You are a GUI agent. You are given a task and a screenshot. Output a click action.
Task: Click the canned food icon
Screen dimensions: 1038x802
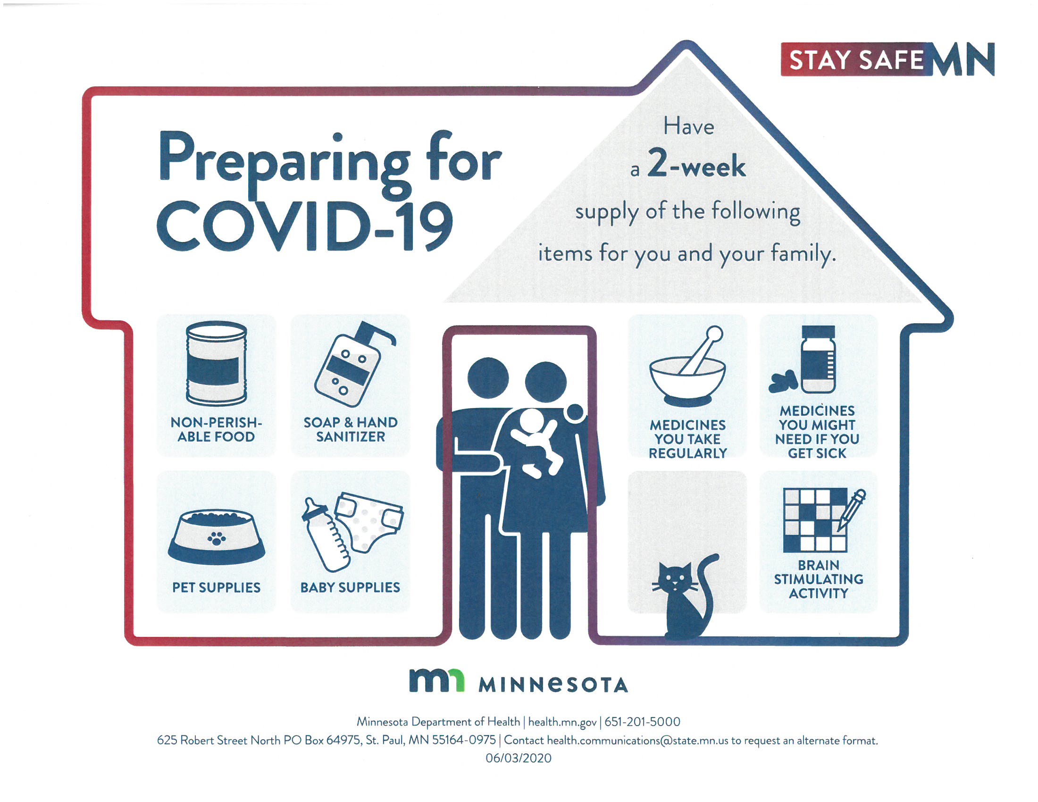click(217, 363)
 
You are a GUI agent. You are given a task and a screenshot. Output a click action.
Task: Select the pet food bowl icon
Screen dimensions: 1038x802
click(217, 537)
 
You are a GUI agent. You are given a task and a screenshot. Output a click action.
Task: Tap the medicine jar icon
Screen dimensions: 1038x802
click(818, 359)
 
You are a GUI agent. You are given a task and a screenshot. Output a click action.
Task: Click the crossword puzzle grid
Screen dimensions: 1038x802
click(815, 520)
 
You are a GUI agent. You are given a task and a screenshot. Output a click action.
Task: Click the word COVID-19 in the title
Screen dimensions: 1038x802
click(304, 226)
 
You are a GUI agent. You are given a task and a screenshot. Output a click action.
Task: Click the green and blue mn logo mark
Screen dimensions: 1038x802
click(436, 680)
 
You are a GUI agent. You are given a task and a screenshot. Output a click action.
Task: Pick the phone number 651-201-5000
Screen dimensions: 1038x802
click(642, 722)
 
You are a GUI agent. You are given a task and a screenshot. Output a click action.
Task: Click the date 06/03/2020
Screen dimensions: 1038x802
click(519, 758)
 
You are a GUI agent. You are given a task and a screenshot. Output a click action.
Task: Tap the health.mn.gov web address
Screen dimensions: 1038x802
click(562, 722)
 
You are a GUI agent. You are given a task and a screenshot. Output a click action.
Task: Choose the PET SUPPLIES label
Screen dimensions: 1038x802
click(216, 588)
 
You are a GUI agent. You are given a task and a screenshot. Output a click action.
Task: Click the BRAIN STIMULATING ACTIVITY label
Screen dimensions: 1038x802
click(819, 579)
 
